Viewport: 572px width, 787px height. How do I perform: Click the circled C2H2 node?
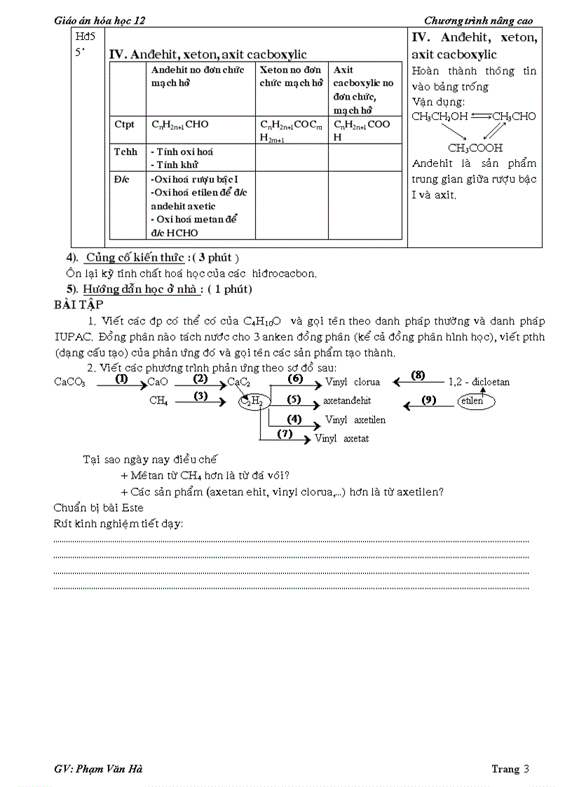[x=252, y=401]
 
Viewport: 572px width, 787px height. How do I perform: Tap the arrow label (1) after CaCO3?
[x=121, y=379]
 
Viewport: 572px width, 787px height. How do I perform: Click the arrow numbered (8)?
[x=418, y=376]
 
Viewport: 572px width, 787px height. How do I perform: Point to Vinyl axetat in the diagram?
[x=342, y=439]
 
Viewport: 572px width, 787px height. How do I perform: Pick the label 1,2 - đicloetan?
[x=479, y=382]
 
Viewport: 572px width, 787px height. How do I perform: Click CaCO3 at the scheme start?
[x=70, y=383]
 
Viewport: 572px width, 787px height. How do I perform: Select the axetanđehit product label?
[x=347, y=401]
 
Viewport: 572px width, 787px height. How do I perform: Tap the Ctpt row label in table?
[x=124, y=125]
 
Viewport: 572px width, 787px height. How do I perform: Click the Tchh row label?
[x=126, y=151]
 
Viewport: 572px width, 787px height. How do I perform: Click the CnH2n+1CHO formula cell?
[x=179, y=125]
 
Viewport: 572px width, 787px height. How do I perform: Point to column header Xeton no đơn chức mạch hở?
[x=291, y=76]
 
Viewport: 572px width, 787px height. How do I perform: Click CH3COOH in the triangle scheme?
[x=475, y=148]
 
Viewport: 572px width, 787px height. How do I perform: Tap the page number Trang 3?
[x=510, y=769]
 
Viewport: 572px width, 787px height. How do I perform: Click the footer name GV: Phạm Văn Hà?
[x=98, y=769]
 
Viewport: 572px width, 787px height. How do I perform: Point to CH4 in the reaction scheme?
[x=158, y=401]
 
